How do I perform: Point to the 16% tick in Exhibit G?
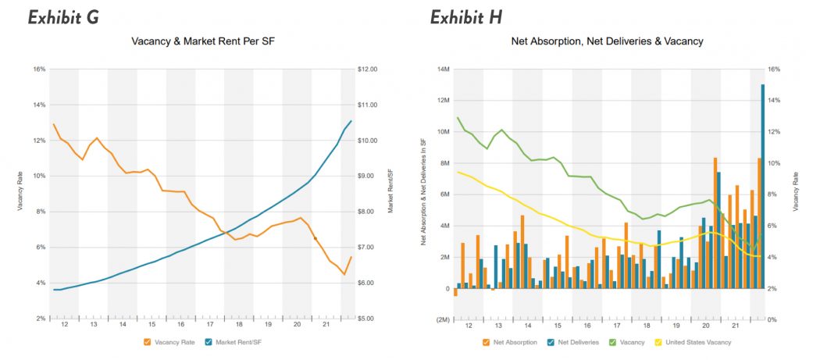coord(40,70)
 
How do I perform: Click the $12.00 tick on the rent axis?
coord(367,70)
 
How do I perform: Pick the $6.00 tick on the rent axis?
coord(367,283)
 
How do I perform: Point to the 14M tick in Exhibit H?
coord(441,70)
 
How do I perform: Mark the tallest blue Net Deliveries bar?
coord(762,187)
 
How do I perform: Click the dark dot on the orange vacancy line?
coord(315,238)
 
